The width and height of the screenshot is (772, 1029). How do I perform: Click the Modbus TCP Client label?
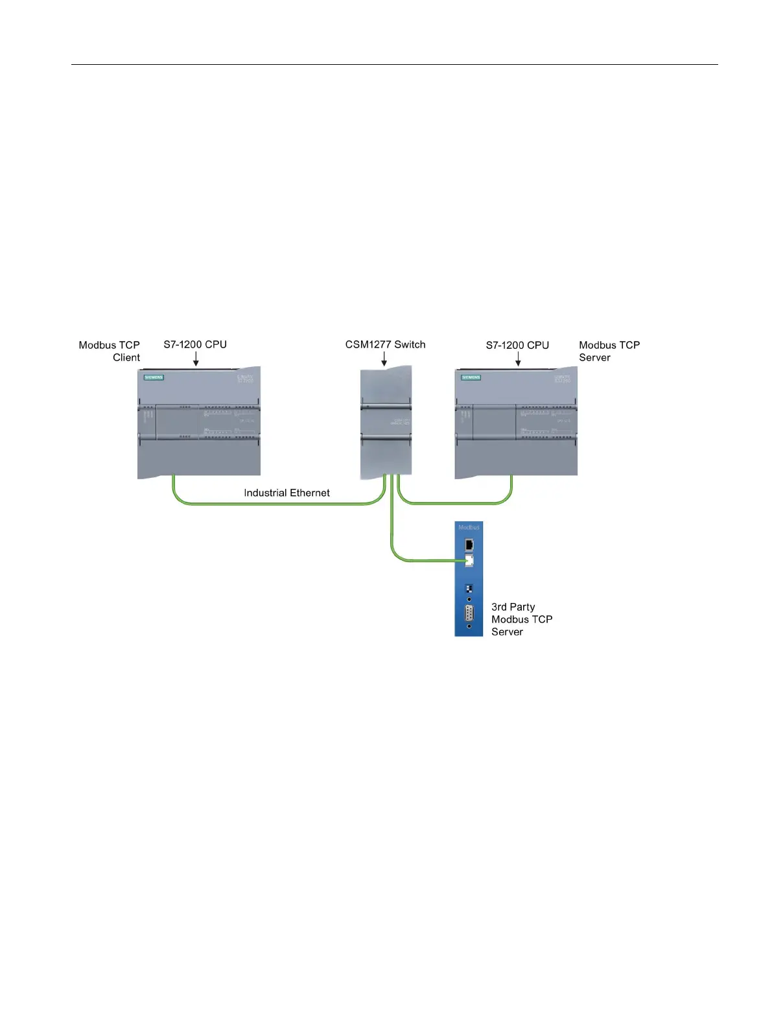pyautogui.click(x=109, y=351)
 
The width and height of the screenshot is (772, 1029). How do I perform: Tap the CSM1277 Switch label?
pyautogui.click(x=385, y=344)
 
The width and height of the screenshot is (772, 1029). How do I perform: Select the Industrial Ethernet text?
pyautogui.click(x=287, y=493)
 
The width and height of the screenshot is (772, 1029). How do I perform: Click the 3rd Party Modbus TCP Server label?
pyautogui.click(x=521, y=619)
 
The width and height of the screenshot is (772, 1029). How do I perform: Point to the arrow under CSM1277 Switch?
pyautogui.click(x=384, y=359)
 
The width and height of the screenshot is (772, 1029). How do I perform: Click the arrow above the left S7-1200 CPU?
pyautogui.click(x=196, y=359)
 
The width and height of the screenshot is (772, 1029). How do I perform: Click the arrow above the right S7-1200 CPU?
pyautogui.click(x=518, y=359)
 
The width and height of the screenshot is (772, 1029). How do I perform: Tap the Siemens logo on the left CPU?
pyautogui.click(x=154, y=377)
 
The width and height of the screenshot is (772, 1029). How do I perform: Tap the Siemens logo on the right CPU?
pyautogui.click(x=471, y=377)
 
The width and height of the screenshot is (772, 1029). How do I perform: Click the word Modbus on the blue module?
pyautogui.click(x=469, y=527)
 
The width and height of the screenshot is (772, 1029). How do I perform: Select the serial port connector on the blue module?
pyautogui.click(x=469, y=614)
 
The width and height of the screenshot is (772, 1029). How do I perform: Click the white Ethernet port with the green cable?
pyautogui.click(x=469, y=560)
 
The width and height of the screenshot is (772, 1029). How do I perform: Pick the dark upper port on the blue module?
pyautogui.click(x=469, y=544)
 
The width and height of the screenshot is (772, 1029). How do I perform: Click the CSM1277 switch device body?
pyautogui.click(x=386, y=421)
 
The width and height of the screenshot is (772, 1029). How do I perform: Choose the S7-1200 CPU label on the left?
pyautogui.click(x=194, y=344)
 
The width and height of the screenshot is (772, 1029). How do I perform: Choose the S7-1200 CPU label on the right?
pyautogui.click(x=517, y=345)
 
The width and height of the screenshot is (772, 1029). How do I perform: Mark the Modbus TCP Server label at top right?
pyautogui.click(x=609, y=351)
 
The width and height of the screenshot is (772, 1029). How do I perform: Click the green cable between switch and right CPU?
pyautogui.click(x=454, y=503)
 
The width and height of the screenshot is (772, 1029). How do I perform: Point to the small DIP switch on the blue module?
pyautogui.click(x=469, y=589)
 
